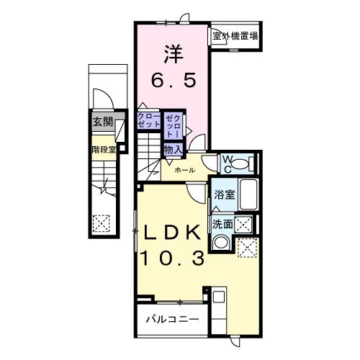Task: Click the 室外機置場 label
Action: click(235, 35)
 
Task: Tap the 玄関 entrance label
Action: click(102, 122)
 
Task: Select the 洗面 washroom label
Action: click(221, 224)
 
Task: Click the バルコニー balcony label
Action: click(172, 318)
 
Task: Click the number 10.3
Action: click(175, 258)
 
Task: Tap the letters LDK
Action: click(174, 233)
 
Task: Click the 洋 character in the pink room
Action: click(172, 53)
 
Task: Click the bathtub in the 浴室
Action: click(249, 195)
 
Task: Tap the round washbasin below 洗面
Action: click(222, 243)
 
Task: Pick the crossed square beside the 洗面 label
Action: click(245, 224)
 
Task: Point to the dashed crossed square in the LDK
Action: click(248, 248)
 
